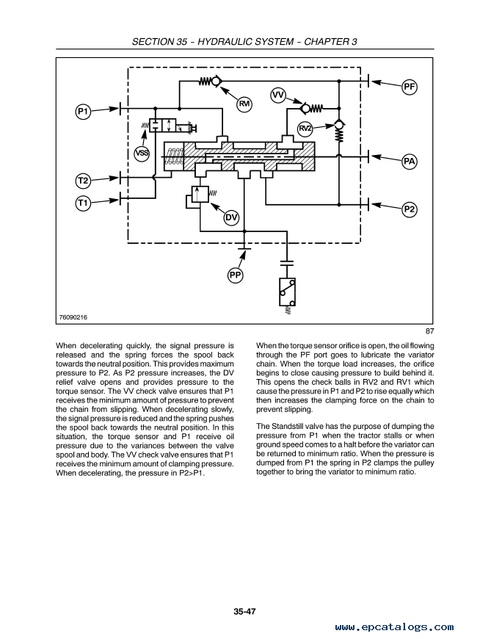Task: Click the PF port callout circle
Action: [410, 87]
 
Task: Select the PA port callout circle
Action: [409, 162]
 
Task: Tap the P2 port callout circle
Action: [410, 209]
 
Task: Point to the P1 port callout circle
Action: [83, 111]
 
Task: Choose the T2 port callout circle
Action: [83, 180]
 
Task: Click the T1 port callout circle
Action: [83, 203]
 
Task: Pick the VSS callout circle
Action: [142, 154]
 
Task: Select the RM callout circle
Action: [244, 104]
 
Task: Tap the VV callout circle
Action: [278, 95]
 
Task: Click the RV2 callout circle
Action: [305, 129]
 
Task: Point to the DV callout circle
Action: [231, 217]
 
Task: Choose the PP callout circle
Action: [235, 275]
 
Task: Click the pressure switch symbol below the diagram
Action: [288, 292]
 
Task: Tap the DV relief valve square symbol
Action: [200, 194]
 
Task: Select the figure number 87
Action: [430, 331]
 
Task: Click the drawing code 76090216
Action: [73, 317]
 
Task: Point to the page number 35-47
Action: [244, 611]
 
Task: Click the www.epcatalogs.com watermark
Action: [394, 627]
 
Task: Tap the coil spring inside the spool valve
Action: [175, 156]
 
